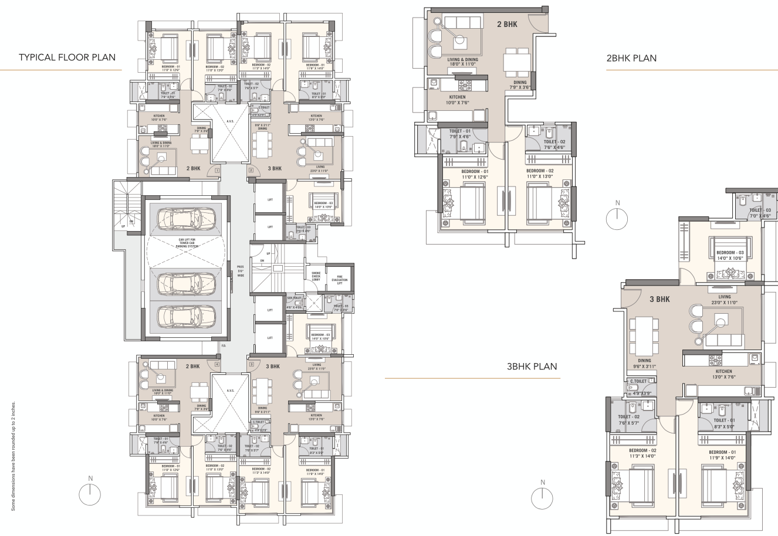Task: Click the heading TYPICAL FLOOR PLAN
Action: (x=66, y=57)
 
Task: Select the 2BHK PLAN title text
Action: (x=631, y=58)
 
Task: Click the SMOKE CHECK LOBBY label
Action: (x=316, y=277)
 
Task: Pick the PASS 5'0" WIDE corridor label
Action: (x=240, y=273)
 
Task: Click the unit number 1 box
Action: (x=217, y=170)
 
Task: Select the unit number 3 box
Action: (x=251, y=364)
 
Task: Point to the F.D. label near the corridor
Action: (x=224, y=345)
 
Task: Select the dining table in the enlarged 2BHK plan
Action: (x=516, y=60)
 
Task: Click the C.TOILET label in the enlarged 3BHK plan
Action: (x=638, y=381)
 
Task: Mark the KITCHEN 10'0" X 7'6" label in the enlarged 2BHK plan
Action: (x=457, y=100)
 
